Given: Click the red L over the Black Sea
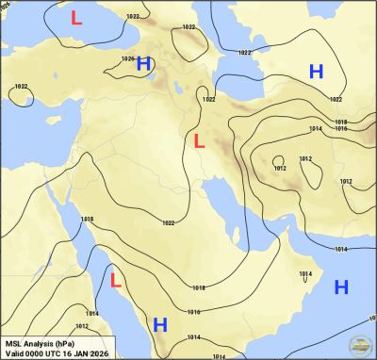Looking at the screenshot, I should point(76,17).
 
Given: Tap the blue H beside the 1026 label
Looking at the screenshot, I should point(143,64).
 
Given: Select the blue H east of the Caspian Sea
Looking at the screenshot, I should point(317,72).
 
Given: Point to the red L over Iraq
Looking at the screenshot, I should point(198,141).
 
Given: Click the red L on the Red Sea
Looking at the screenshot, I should point(116,280).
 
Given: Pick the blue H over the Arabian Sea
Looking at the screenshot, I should point(341,286).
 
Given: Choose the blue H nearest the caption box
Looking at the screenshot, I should point(160,324).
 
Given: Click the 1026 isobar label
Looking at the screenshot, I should point(128,58).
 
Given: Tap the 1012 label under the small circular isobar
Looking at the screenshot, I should point(279,168).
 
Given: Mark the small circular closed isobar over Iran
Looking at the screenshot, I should point(278,159).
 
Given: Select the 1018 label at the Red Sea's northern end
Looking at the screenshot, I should point(87,220).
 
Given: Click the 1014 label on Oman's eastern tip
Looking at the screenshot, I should point(304,274).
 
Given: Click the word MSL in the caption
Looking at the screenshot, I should point(15,343).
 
